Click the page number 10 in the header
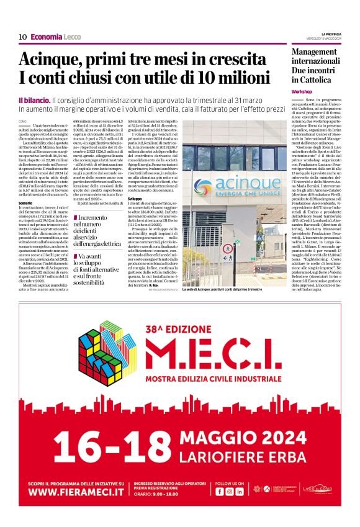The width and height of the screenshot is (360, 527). (22, 37)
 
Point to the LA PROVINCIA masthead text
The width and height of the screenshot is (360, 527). (331, 34)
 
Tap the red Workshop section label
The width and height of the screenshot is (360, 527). (302, 91)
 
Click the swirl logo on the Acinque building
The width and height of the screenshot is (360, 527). (202, 184)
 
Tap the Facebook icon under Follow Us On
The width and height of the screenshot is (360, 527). (220, 491)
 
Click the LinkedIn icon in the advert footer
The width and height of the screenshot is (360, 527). (240, 491)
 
